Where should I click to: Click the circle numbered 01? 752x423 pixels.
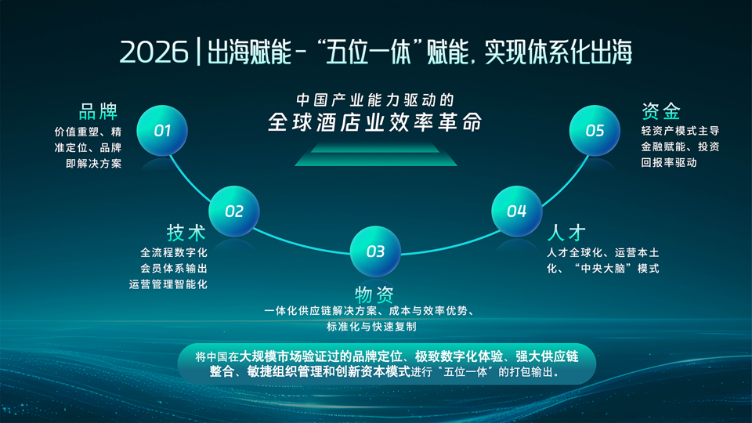162,131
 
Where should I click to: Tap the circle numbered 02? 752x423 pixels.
234,211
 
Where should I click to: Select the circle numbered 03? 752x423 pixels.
375,251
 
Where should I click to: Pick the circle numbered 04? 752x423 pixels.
517,211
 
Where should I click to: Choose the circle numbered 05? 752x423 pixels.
595,131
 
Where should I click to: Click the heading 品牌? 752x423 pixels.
98,110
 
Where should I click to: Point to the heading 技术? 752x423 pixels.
186,233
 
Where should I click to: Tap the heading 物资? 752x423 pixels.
374,295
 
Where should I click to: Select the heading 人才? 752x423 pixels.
566,233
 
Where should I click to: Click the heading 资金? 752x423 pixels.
660,110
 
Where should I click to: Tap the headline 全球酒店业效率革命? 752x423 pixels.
374,123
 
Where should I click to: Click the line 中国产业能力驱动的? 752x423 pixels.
375,100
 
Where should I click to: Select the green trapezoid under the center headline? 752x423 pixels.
375,156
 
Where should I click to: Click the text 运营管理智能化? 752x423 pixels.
168,284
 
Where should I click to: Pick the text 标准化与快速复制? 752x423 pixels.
376,326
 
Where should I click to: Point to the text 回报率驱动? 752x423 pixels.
669,163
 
